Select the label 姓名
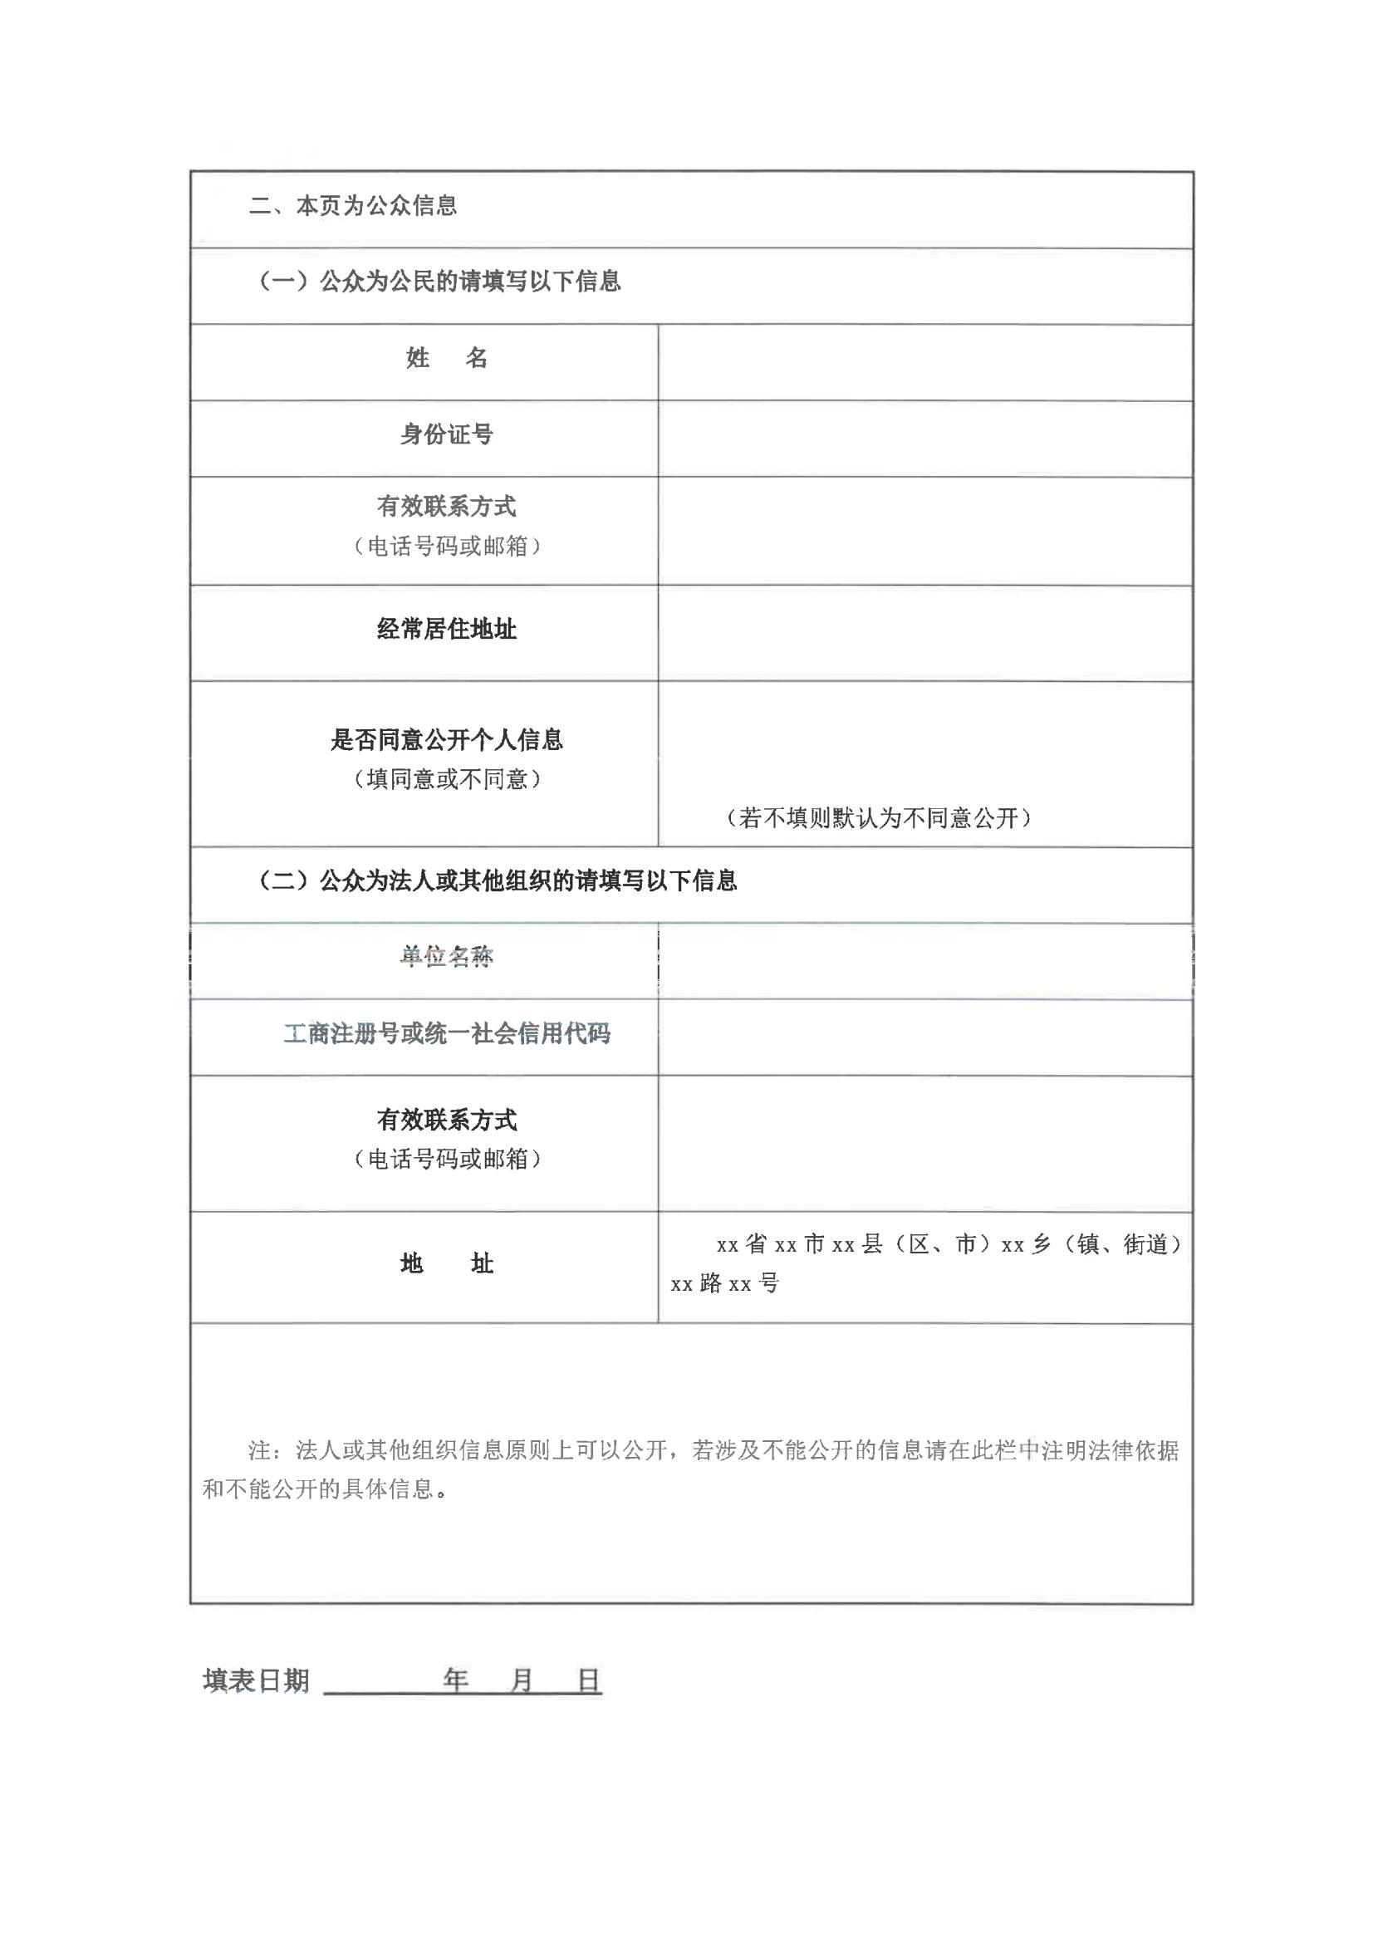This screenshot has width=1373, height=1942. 447,359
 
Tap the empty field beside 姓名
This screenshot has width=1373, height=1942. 924,362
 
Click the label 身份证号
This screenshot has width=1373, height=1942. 447,434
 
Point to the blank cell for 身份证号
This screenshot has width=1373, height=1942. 924,438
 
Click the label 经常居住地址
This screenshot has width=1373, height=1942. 447,630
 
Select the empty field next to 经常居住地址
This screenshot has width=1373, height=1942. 924,633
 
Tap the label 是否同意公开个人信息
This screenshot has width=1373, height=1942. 447,740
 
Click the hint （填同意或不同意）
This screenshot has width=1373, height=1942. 447,779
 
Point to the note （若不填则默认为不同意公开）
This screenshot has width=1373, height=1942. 879,818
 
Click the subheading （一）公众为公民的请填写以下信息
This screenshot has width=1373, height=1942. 439,282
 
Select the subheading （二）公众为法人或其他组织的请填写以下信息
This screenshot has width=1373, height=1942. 497,881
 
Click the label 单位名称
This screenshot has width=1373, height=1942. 447,957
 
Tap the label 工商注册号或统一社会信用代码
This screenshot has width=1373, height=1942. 447,1033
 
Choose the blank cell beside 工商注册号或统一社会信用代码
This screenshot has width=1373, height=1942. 924,1037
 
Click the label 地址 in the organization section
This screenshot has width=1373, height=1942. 447,1263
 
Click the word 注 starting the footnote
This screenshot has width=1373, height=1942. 259,1451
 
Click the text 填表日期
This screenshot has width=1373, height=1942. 257,1680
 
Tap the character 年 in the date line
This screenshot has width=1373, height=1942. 456,1680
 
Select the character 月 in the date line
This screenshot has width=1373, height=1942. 522,1680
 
